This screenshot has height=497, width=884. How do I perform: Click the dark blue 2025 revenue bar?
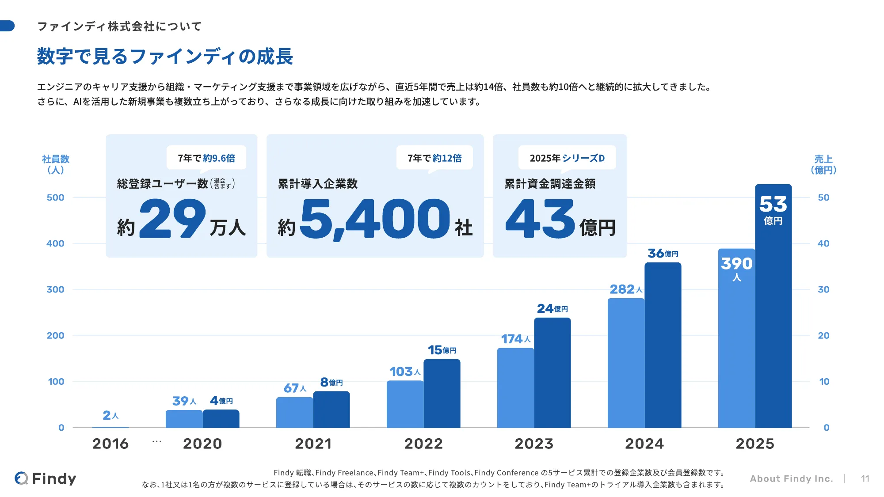773,306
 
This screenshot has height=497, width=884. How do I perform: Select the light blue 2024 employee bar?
626,363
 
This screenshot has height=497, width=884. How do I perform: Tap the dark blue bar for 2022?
442,393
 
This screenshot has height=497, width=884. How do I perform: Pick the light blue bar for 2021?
294,412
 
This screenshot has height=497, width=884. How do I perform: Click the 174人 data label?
515,339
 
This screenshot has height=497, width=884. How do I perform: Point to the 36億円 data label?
663,253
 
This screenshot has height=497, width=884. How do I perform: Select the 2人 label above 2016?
110,415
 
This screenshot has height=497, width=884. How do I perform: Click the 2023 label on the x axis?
534,444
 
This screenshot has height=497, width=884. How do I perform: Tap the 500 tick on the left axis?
55,197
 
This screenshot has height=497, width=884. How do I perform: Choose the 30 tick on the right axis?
823,289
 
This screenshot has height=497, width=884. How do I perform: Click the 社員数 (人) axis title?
56,164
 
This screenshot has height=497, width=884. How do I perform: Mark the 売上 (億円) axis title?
823,164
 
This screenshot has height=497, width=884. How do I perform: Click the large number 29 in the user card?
173,218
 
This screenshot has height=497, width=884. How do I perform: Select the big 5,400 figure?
375,219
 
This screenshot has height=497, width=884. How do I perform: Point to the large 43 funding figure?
540,218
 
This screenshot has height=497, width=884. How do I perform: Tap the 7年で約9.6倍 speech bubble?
206,158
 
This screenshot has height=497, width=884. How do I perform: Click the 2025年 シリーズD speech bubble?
567,158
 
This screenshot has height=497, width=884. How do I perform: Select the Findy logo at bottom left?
45,478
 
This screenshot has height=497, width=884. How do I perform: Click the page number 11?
865,479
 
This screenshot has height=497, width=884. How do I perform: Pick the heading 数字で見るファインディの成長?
165,57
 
